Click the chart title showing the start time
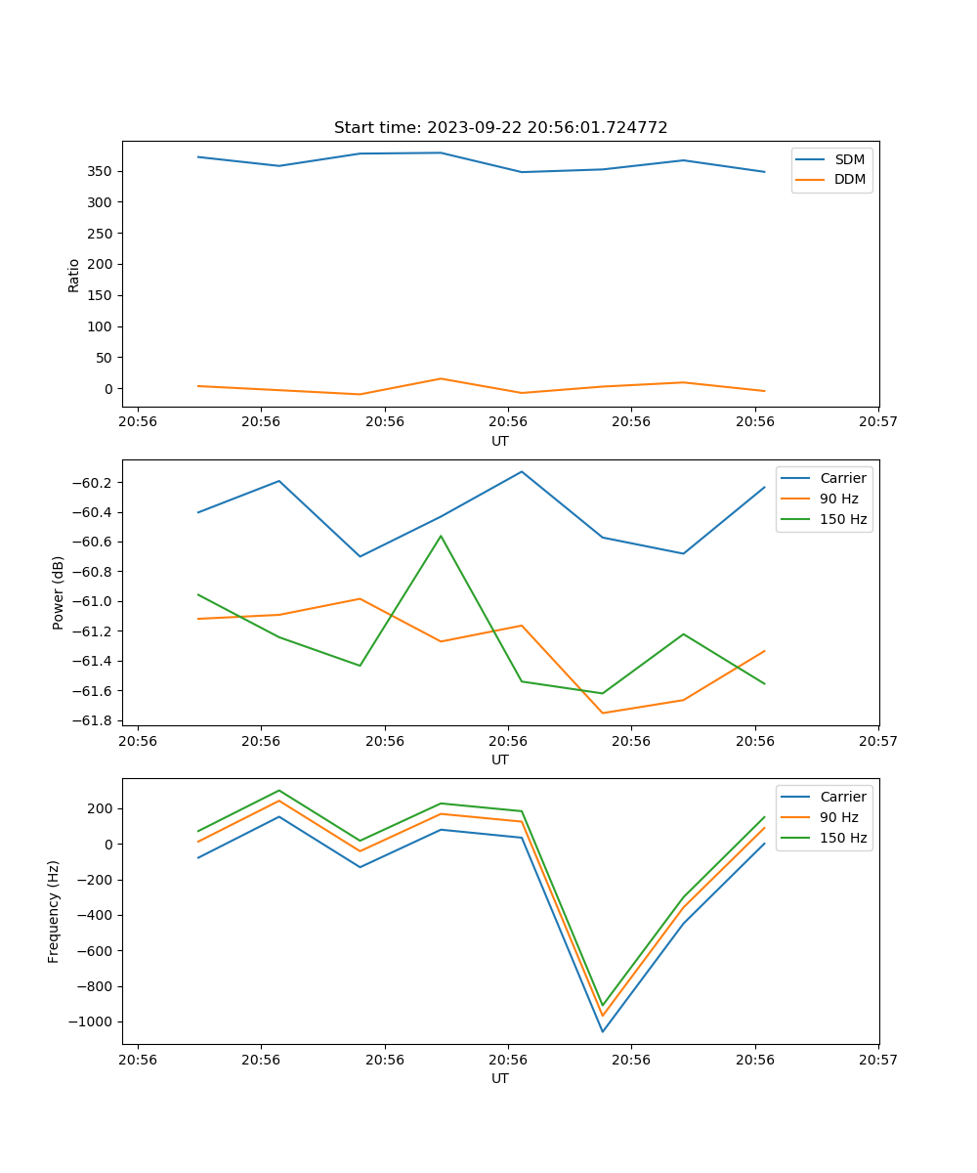500,128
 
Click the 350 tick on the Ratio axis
102,171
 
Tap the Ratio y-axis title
73,275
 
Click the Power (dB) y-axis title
59,592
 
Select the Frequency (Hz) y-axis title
54,911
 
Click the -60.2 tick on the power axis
96,483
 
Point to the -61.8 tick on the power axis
96,721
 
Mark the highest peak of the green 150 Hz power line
441,536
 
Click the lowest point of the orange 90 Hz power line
603,713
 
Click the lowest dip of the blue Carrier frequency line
603,1031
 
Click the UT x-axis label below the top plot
500,441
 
